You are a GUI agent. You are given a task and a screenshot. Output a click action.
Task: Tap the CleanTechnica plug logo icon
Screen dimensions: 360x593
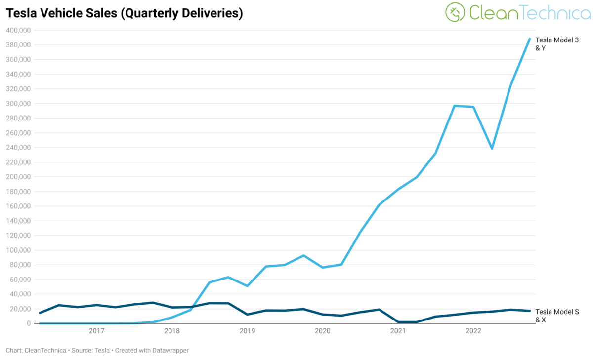[x=455, y=12]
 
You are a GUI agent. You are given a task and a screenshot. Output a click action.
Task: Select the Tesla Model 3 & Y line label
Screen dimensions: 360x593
[x=557, y=44]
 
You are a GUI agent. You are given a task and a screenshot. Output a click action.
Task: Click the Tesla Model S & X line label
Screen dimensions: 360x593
[x=557, y=316]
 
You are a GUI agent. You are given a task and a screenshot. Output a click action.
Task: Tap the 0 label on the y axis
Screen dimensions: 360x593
[x=29, y=323]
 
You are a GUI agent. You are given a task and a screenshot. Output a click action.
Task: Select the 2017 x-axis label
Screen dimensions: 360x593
[x=96, y=331]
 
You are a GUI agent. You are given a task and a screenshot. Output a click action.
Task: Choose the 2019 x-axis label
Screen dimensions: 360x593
[x=247, y=331]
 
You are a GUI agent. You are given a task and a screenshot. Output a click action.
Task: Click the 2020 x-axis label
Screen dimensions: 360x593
[x=323, y=331]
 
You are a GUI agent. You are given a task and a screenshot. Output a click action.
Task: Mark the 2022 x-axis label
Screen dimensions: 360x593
[x=473, y=331]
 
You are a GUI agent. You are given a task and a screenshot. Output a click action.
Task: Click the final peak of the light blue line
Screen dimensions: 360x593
[x=530, y=39]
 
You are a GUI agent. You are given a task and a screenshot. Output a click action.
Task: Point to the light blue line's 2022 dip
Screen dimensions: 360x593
[x=492, y=148]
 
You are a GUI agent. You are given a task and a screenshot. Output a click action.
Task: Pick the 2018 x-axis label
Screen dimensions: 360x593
[x=172, y=331]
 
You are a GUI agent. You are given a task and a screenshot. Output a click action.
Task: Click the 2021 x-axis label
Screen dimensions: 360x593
[x=398, y=331]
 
